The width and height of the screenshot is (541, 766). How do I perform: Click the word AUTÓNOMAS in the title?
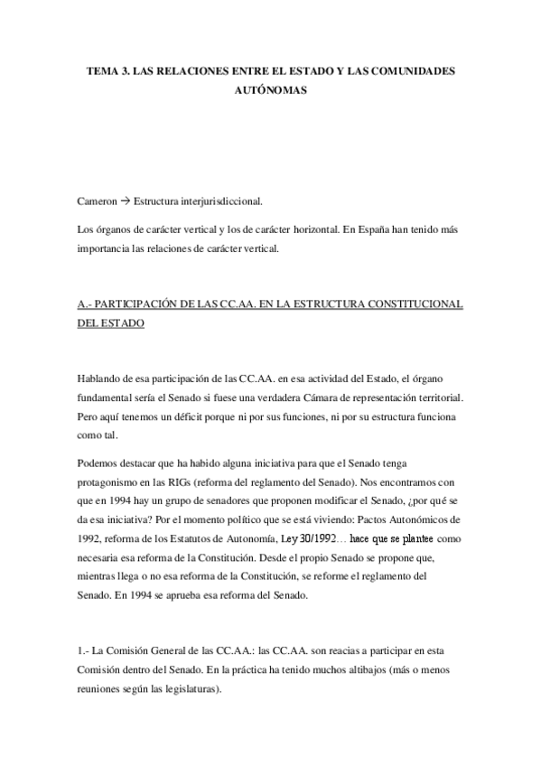tap(271, 90)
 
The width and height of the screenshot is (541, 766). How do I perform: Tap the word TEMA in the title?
tap(102, 70)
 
